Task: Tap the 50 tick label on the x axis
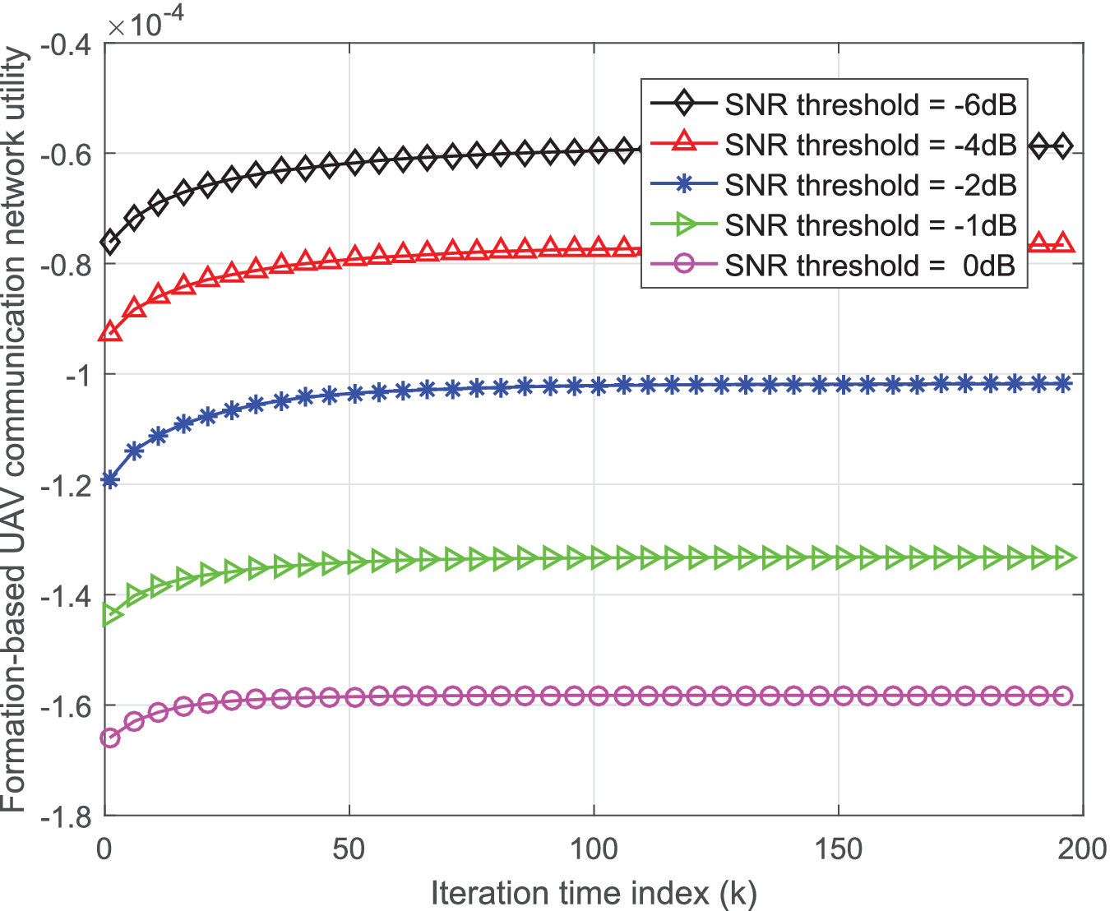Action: click(x=349, y=849)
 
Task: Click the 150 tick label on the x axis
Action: click(x=838, y=849)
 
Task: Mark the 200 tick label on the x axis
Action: click(x=1082, y=849)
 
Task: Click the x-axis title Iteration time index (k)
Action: click(x=594, y=892)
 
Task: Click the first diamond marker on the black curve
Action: click(x=109, y=242)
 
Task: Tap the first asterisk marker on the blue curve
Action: click(x=109, y=480)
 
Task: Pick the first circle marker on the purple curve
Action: click(x=109, y=738)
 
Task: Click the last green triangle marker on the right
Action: click(x=1064, y=558)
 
